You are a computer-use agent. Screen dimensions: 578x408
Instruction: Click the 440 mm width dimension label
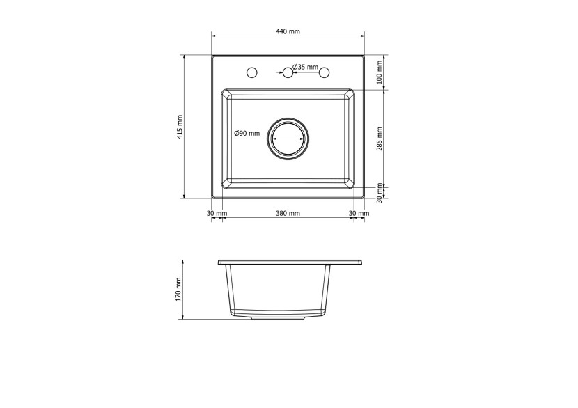[288, 31]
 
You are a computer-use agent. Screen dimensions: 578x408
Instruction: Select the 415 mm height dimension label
[180, 127]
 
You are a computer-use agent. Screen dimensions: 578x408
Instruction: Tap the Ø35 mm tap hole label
[305, 67]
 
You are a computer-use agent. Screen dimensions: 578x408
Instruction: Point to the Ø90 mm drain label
[247, 133]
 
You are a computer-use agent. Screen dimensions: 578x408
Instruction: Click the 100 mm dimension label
[380, 72]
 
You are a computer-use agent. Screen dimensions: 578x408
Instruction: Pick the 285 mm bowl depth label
[380, 139]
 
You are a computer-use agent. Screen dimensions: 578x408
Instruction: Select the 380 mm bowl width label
[288, 213]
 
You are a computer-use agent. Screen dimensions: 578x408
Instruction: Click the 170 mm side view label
[179, 290]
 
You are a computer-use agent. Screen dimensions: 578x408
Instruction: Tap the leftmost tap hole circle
[252, 72]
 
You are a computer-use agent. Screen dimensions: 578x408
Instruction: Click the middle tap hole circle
[288, 72]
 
